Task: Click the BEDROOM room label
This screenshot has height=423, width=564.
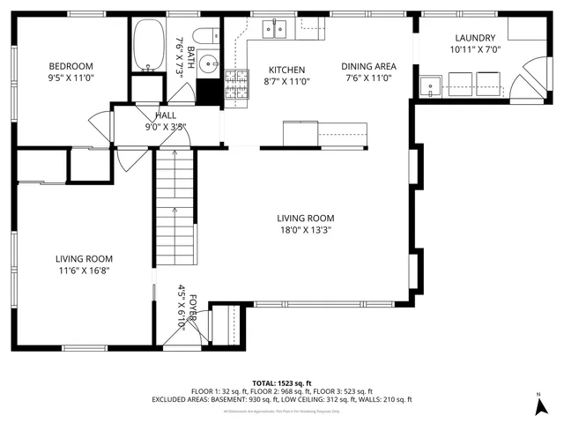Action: click(70, 66)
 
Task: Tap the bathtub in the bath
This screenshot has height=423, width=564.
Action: click(147, 48)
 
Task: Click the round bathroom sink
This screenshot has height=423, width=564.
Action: click(207, 63)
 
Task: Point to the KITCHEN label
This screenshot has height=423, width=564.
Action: click(286, 70)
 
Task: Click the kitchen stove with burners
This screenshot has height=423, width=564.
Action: click(236, 85)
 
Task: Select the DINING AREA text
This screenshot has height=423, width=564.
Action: click(368, 66)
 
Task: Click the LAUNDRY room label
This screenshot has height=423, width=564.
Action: click(475, 38)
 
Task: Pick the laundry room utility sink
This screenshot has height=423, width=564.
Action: click(431, 86)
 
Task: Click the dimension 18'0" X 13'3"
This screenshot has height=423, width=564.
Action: click(305, 230)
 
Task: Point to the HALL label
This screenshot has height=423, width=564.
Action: click(166, 115)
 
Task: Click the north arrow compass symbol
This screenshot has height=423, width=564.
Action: click(539, 406)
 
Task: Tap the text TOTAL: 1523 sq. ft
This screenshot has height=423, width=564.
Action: click(282, 383)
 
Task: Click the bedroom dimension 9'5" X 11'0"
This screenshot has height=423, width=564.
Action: click(70, 78)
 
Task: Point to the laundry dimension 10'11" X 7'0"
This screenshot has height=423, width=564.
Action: click(475, 49)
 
